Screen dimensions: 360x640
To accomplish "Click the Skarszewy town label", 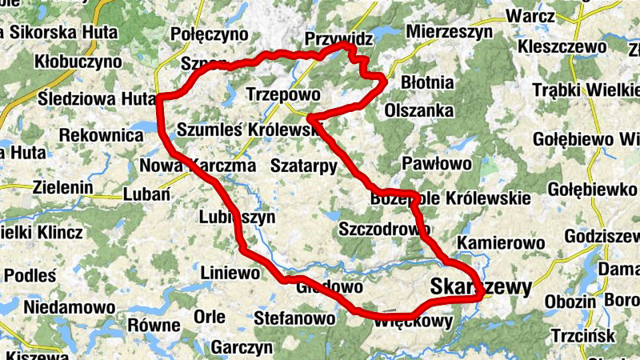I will (x=480, y=287).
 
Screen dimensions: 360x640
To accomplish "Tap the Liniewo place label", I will (x=230, y=274).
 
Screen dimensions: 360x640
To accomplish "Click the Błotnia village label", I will (x=426, y=82).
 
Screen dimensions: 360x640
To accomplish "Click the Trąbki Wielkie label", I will (x=586, y=90).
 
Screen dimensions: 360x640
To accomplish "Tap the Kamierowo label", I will (x=500, y=242).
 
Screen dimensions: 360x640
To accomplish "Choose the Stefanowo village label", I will (x=294, y=318).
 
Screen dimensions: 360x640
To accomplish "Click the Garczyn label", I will (x=242, y=348).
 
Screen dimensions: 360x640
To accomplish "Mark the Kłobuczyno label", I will (x=78, y=62).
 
